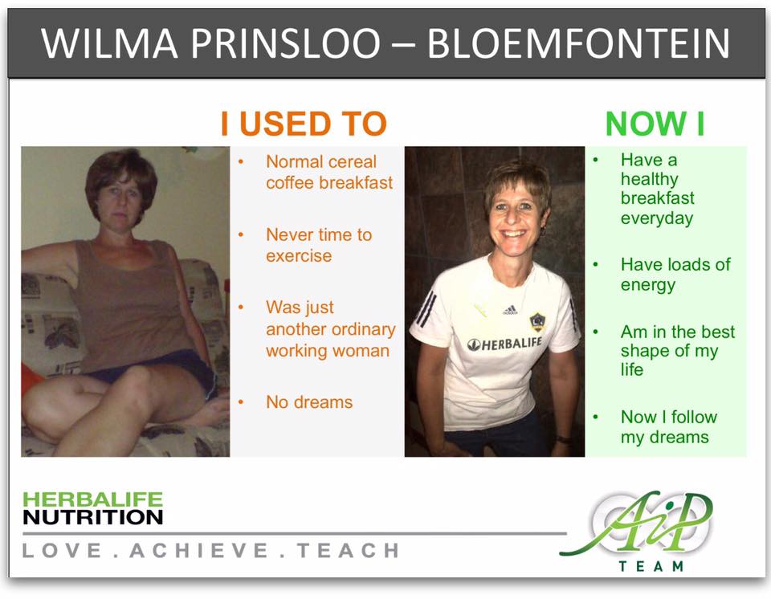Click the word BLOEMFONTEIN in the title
579,43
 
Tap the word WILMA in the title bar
109,43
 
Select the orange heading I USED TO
304,124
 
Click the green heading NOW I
655,124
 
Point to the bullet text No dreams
309,402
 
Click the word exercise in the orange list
299,255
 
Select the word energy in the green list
648,285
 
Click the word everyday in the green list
657,218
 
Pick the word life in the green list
632,369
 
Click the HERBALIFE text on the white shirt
504,344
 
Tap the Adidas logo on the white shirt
510,310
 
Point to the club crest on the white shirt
537,322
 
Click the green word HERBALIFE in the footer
93,499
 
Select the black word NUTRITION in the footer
93,517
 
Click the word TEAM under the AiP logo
651,566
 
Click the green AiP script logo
639,524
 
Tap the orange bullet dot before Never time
241,235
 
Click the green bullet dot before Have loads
595,265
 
